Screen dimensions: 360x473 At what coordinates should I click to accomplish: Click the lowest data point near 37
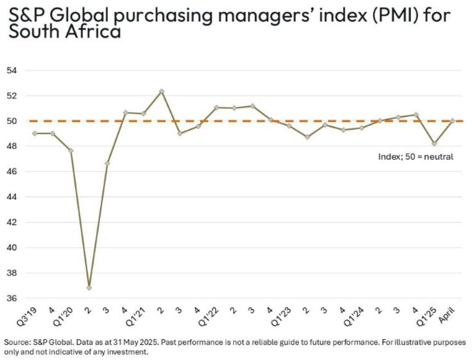89,287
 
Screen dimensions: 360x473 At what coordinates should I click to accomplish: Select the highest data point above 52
161,91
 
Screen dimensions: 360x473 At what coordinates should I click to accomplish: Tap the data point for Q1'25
434,143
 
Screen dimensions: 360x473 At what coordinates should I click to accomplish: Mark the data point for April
453,121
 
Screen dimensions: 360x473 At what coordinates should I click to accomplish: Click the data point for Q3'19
34,133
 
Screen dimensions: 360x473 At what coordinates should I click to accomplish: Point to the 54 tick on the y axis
11,70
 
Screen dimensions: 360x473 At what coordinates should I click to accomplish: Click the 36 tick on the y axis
11,298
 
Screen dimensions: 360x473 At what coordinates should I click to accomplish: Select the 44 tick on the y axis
11,197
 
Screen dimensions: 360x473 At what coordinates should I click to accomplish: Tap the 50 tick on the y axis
11,121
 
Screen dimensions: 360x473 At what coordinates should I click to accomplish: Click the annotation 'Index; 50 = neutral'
416,157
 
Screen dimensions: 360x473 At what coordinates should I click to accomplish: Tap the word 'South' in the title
34,32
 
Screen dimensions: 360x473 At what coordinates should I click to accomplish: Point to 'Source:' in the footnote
18,342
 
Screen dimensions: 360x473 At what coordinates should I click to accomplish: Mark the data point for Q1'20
70,151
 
